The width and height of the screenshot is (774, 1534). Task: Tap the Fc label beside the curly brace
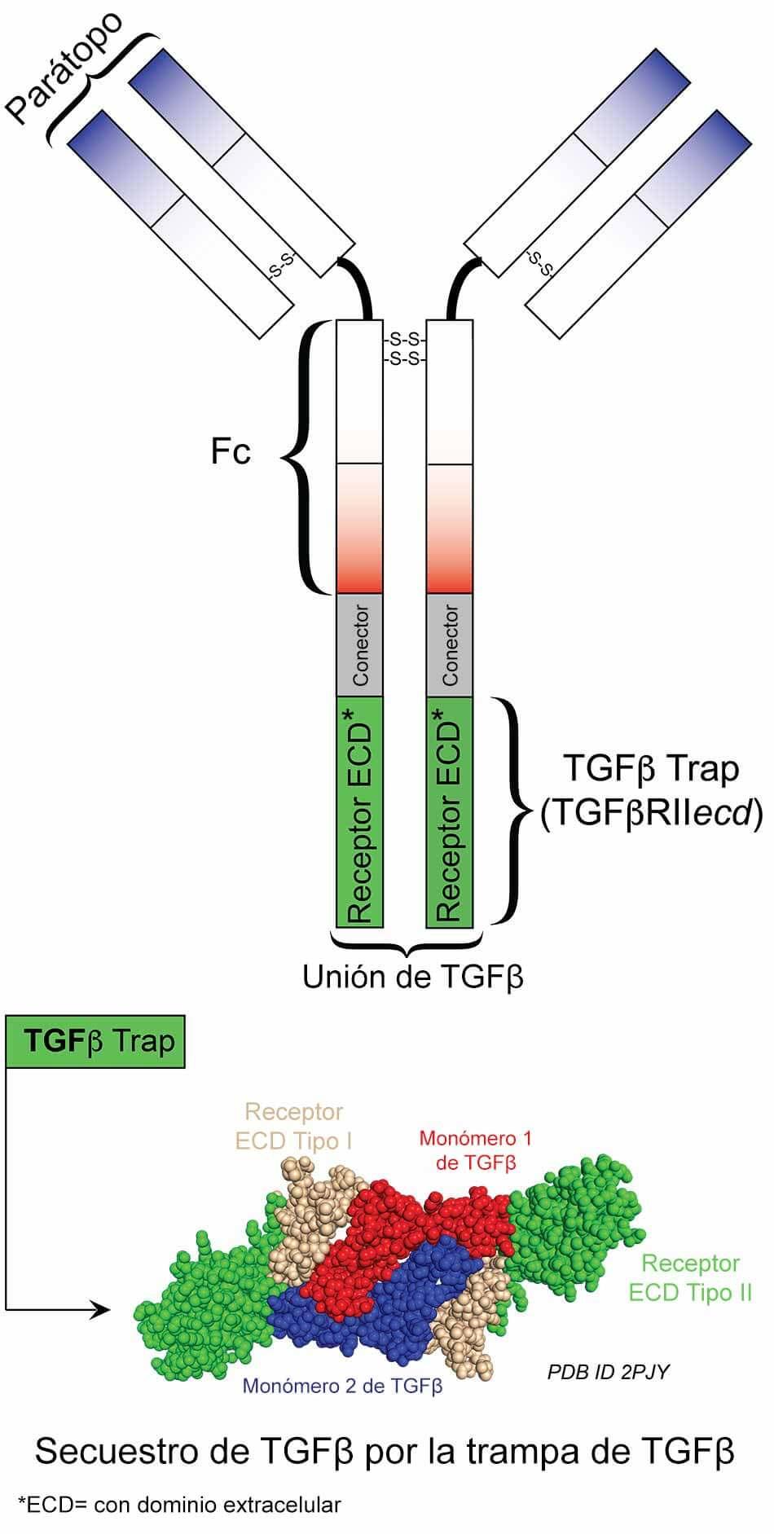click(231, 451)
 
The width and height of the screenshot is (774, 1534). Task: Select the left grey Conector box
click(359, 645)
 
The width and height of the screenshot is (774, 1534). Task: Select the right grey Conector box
click(450, 645)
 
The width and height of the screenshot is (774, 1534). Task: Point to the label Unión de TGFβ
click(412, 977)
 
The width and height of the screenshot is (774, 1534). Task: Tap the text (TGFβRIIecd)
click(651, 813)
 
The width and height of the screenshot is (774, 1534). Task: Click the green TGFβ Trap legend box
click(95, 1042)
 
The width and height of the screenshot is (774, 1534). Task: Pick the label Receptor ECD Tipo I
click(294, 1126)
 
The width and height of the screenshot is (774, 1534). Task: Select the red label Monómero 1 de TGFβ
click(476, 1149)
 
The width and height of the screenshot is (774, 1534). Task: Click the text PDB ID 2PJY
click(608, 1372)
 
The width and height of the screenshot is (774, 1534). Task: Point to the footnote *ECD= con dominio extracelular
click(179, 1505)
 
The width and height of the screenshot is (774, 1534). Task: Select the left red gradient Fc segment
click(359, 528)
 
